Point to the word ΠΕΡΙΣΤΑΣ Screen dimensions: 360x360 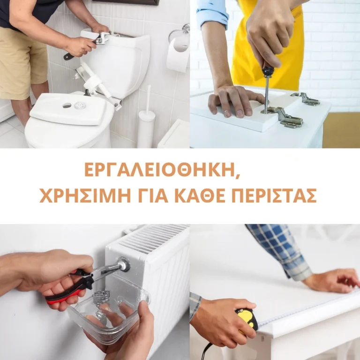pos(274,196)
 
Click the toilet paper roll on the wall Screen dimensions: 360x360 pos(177,54)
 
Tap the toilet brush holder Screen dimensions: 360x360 pos(146,126)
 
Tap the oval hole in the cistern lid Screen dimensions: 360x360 pos(67,105)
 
